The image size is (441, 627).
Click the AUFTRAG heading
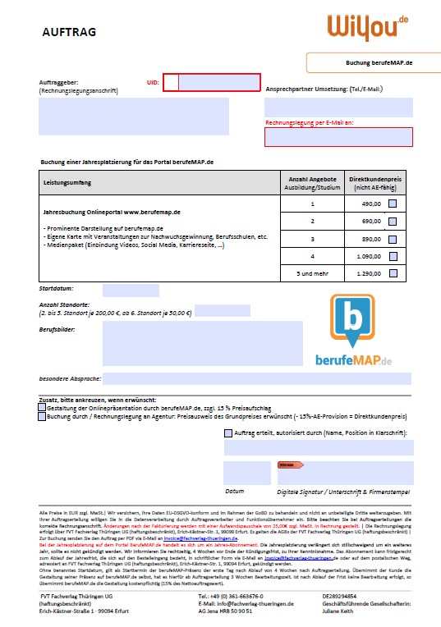click(69, 33)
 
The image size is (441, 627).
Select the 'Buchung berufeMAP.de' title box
click(373, 62)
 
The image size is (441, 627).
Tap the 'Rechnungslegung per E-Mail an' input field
click(338, 136)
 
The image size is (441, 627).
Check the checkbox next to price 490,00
click(393, 204)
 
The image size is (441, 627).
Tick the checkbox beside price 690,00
click(393, 221)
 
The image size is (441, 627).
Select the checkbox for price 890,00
click(393, 239)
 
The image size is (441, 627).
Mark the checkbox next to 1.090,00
click(393, 256)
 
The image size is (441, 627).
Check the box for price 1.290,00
click(393, 273)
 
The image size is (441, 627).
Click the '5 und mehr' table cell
click(312, 273)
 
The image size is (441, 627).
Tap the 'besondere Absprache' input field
click(257, 378)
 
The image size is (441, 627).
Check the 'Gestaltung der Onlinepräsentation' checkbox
click(43, 408)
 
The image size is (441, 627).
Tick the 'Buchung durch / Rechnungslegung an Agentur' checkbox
click(43, 417)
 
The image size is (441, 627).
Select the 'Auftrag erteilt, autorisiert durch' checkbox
click(227, 432)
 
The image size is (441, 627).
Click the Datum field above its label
click(247, 473)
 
